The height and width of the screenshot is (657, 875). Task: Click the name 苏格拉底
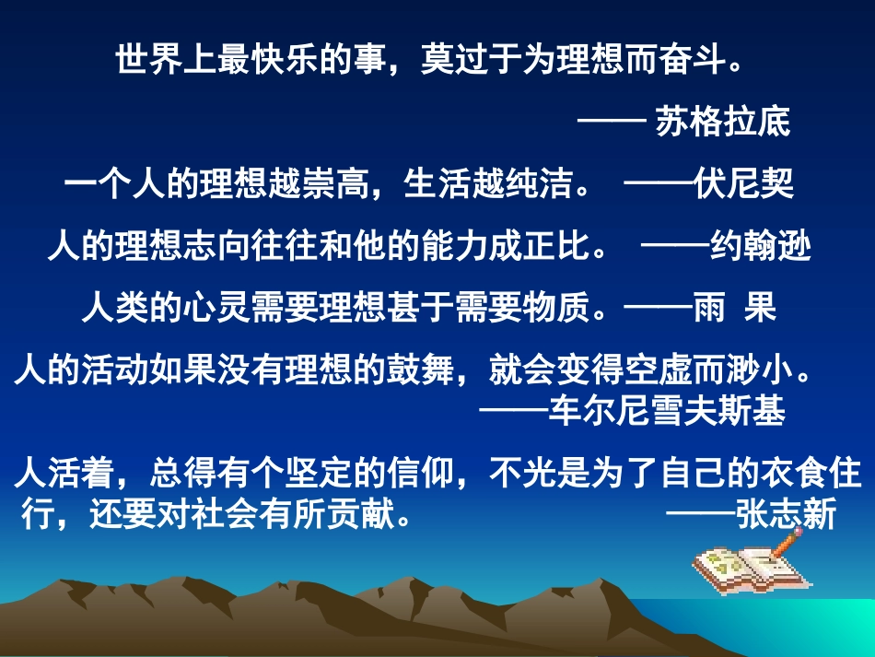pos(723,123)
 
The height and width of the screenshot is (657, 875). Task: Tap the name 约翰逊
pos(762,248)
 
